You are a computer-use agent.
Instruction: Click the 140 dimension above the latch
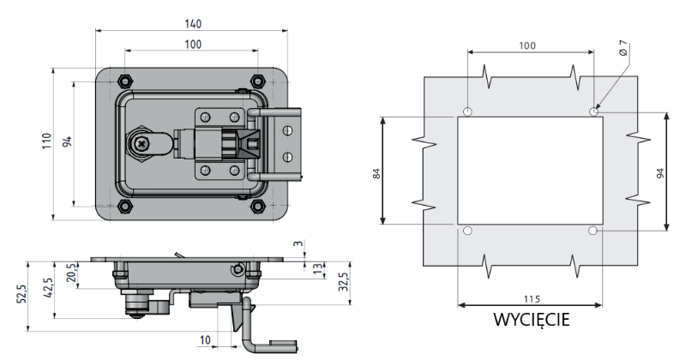point(192,24)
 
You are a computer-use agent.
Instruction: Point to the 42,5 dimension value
point(48,285)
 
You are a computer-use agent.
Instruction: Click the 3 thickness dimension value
point(297,246)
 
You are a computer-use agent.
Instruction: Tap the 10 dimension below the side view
point(204,340)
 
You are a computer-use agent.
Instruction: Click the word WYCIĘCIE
point(532,320)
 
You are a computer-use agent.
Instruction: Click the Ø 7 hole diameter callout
point(623,51)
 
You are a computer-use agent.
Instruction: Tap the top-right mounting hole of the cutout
point(593,112)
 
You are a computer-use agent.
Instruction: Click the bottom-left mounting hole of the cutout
point(467,231)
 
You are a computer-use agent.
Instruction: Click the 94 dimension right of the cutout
point(659,172)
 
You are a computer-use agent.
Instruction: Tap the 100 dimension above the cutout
point(528,45)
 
